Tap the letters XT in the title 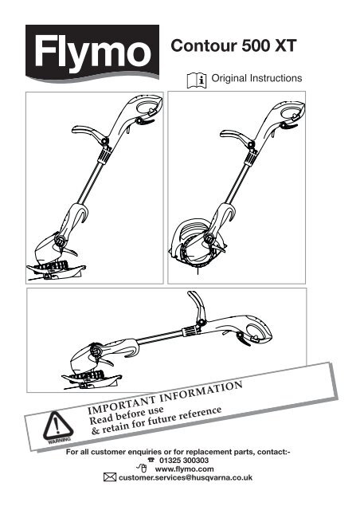tap(285, 45)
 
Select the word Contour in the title tap(204, 45)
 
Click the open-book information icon tap(197, 80)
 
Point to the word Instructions tap(276, 78)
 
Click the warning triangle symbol tap(57, 426)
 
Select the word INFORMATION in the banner tap(202, 390)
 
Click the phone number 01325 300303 tap(184, 461)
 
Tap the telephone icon tap(151, 460)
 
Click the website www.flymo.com tap(184, 469)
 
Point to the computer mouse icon tap(142, 469)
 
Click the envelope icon tap(110, 477)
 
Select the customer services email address tap(185, 477)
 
